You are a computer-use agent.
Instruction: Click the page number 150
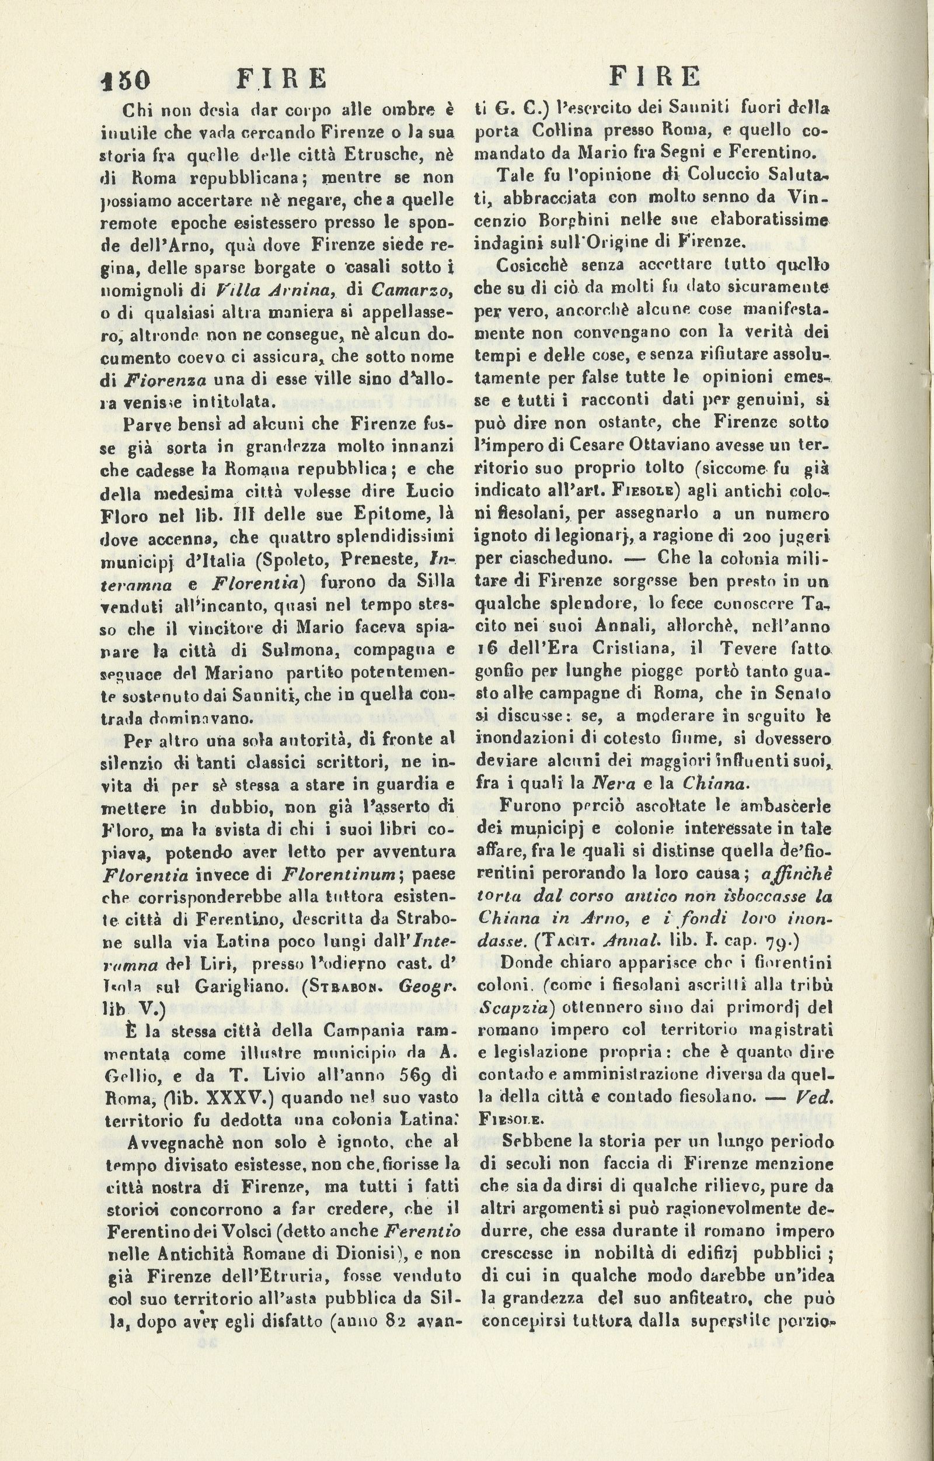coord(126,79)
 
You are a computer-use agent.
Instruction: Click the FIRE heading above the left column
coord(281,78)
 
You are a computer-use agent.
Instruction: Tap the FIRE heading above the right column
coord(654,77)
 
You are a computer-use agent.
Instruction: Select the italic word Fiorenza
coord(165,380)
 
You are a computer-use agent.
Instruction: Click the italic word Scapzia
coord(514,1007)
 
